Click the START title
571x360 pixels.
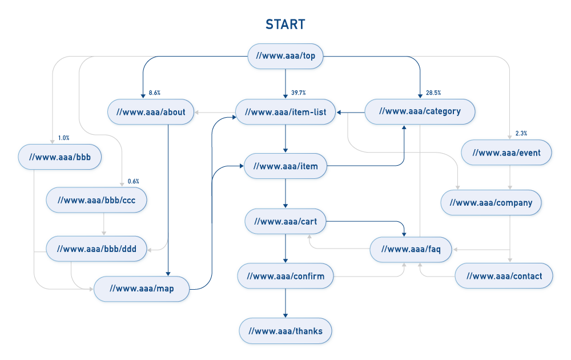(x=285, y=25)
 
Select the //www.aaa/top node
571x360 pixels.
(x=285, y=56)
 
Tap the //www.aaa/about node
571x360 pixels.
(x=151, y=112)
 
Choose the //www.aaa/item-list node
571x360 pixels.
(x=285, y=112)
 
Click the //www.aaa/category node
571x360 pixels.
(x=420, y=111)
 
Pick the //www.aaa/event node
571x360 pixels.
(x=506, y=153)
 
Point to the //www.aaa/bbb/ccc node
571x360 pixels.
(x=96, y=200)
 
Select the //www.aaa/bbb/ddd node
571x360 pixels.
(x=96, y=249)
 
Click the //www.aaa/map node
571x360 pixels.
(x=142, y=289)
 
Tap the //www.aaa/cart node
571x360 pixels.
(x=285, y=222)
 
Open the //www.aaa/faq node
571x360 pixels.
(x=411, y=250)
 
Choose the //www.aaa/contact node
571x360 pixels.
(x=504, y=276)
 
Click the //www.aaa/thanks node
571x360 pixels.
(x=285, y=331)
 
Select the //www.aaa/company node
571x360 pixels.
(x=491, y=203)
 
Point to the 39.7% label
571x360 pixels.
(x=299, y=93)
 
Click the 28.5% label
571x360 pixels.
(x=433, y=93)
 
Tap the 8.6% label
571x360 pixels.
(x=154, y=93)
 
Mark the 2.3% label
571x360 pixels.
(x=521, y=133)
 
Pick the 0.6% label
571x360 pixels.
(x=133, y=182)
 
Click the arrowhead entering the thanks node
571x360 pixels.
(x=285, y=315)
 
